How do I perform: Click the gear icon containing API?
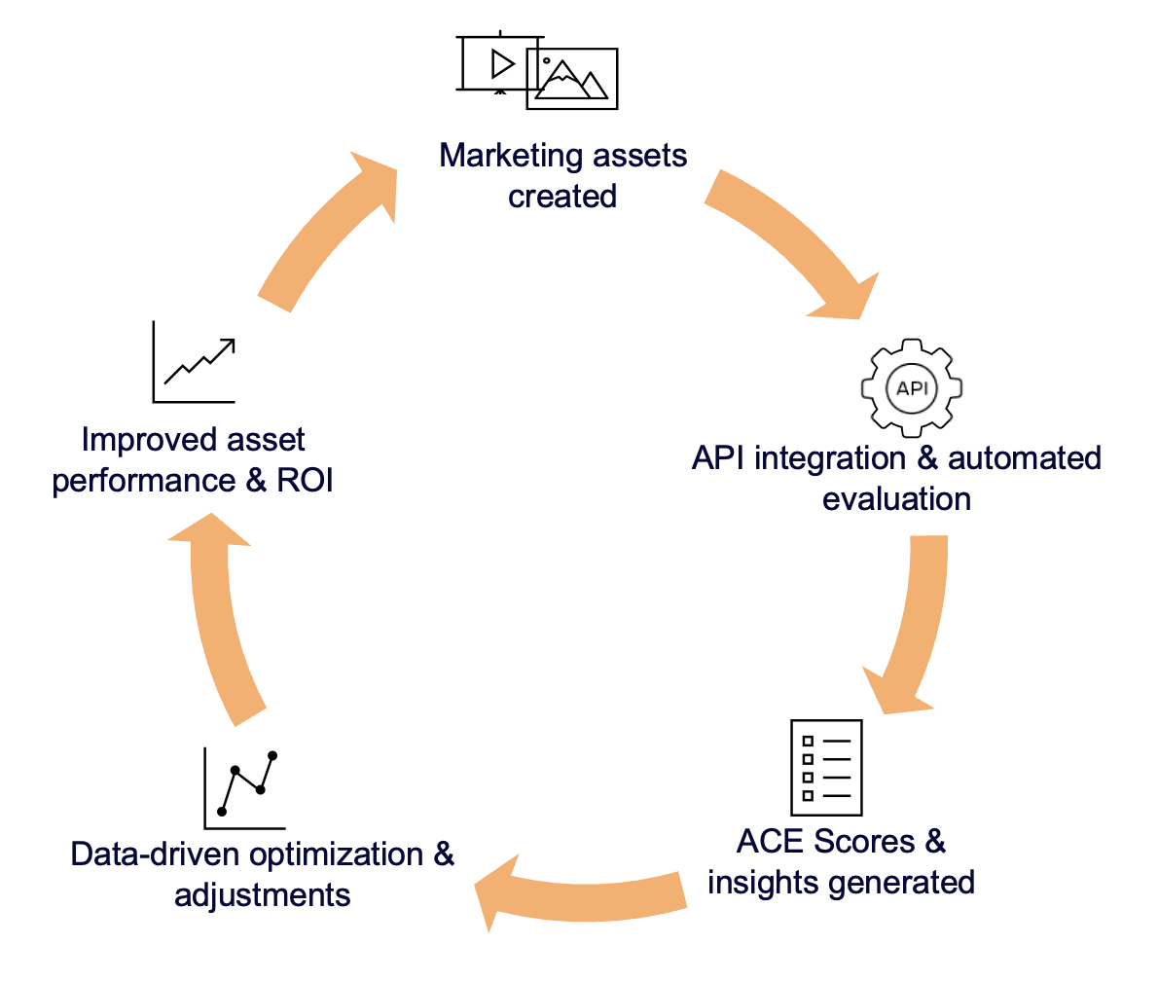pyautogui.click(x=911, y=387)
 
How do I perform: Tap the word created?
pyautogui.click(x=562, y=196)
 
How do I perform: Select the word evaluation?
pyautogui.click(x=895, y=499)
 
